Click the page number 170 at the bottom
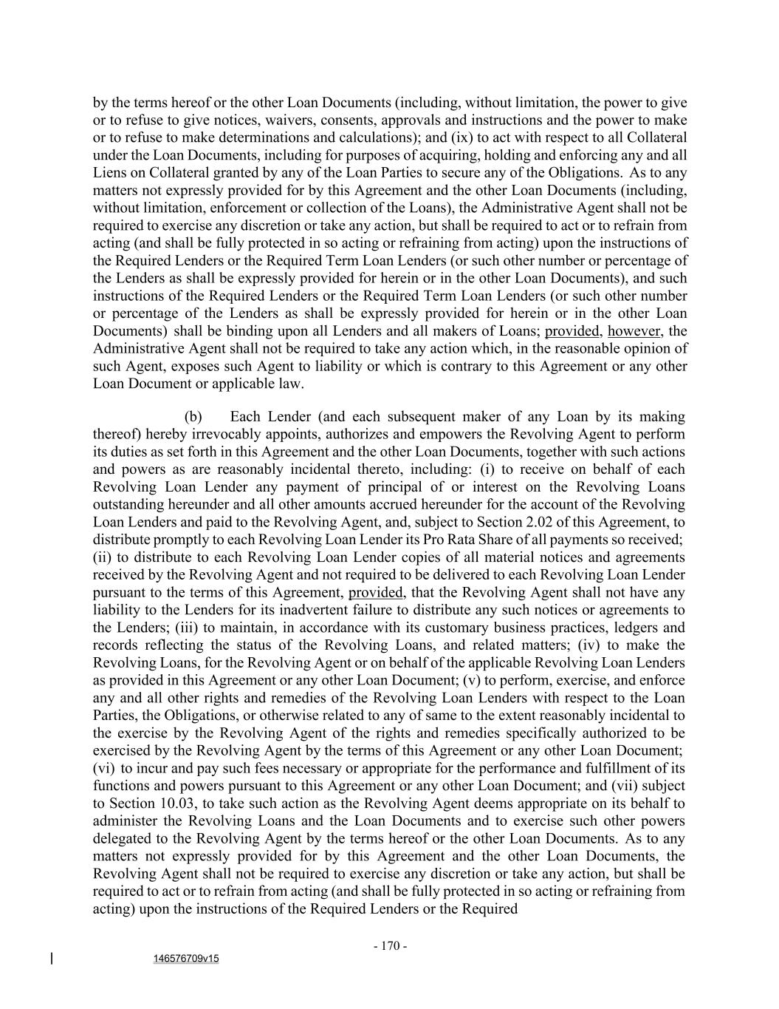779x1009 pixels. [391, 946]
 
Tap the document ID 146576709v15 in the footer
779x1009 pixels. [186, 959]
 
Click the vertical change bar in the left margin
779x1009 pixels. [52, 959]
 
